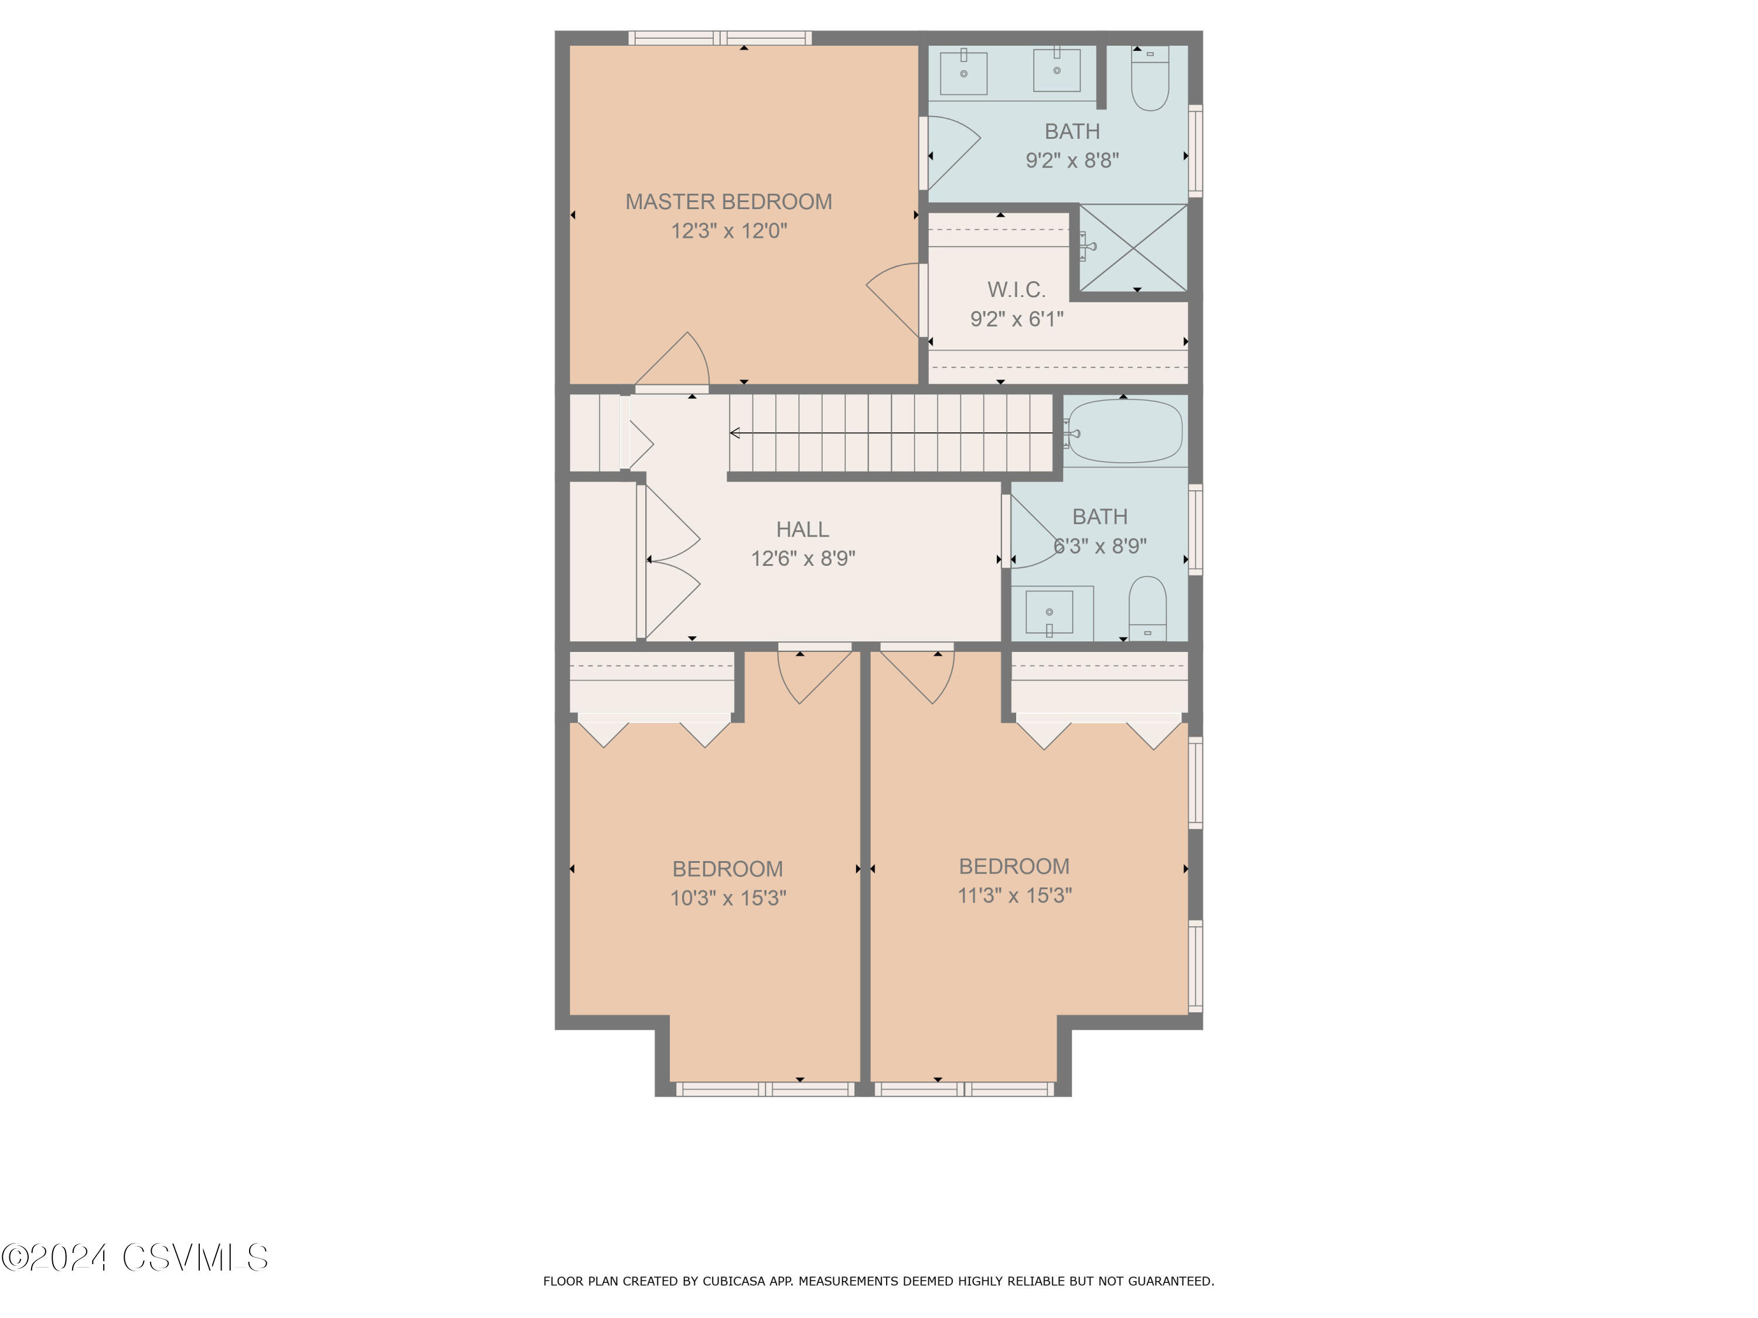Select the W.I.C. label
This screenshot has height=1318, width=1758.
point(1017,290)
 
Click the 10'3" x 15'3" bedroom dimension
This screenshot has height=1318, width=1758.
point(728,898)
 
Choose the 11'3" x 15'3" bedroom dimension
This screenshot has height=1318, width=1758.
point(1014,895)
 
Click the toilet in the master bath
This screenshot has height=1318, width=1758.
point(1150,78)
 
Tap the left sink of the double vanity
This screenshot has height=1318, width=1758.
point(963,73)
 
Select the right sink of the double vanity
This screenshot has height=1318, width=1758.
point(1056,70)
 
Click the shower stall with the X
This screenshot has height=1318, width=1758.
point(1133,248)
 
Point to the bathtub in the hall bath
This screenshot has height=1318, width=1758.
point(1125,431)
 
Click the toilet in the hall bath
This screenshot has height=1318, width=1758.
point(1147,609)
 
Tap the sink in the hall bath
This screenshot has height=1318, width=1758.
point(1049,613)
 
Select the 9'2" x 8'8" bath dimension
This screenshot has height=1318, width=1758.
point(1072,161)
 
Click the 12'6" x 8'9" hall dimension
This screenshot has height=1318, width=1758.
point(803,558)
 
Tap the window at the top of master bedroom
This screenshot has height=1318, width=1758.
point(720,37)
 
